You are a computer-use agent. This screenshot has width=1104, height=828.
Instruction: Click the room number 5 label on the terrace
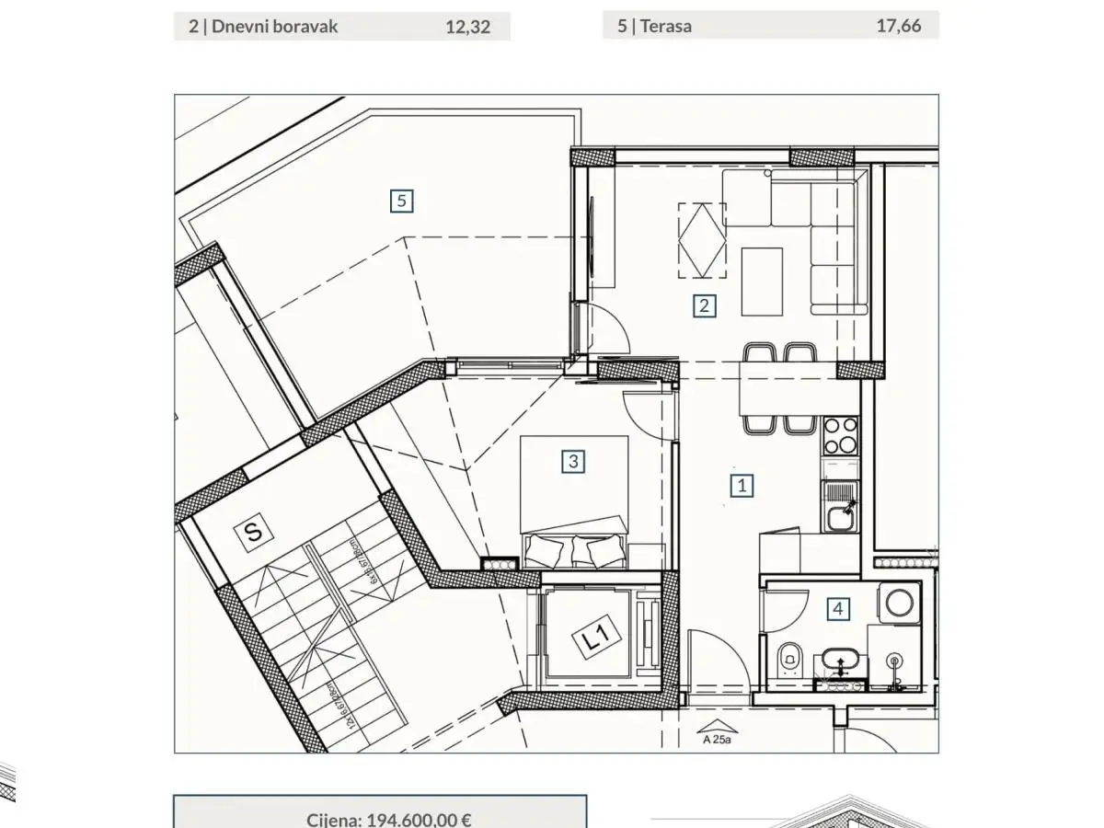(x=401, y=200)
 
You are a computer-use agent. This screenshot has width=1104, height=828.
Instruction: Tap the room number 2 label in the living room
(x=704, y=305)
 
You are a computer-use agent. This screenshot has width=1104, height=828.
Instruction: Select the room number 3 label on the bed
(x=573, y=461)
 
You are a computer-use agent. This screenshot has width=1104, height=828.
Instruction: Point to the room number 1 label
(x=742, y=484)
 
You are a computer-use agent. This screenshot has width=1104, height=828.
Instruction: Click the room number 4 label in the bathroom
(x=837, y=608)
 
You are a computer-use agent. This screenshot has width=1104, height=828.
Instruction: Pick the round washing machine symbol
(x=898, y=604)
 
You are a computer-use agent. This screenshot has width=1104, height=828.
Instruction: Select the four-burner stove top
(x=839, y=435)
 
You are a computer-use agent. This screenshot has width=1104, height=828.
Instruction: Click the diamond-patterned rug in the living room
(x=701, y=241)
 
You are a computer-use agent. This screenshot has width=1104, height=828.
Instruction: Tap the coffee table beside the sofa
(x=761, y=282)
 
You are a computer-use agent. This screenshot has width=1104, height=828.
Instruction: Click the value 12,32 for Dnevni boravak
(x=467, y=27)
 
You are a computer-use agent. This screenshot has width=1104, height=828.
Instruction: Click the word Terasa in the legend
(x=666, y=26)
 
